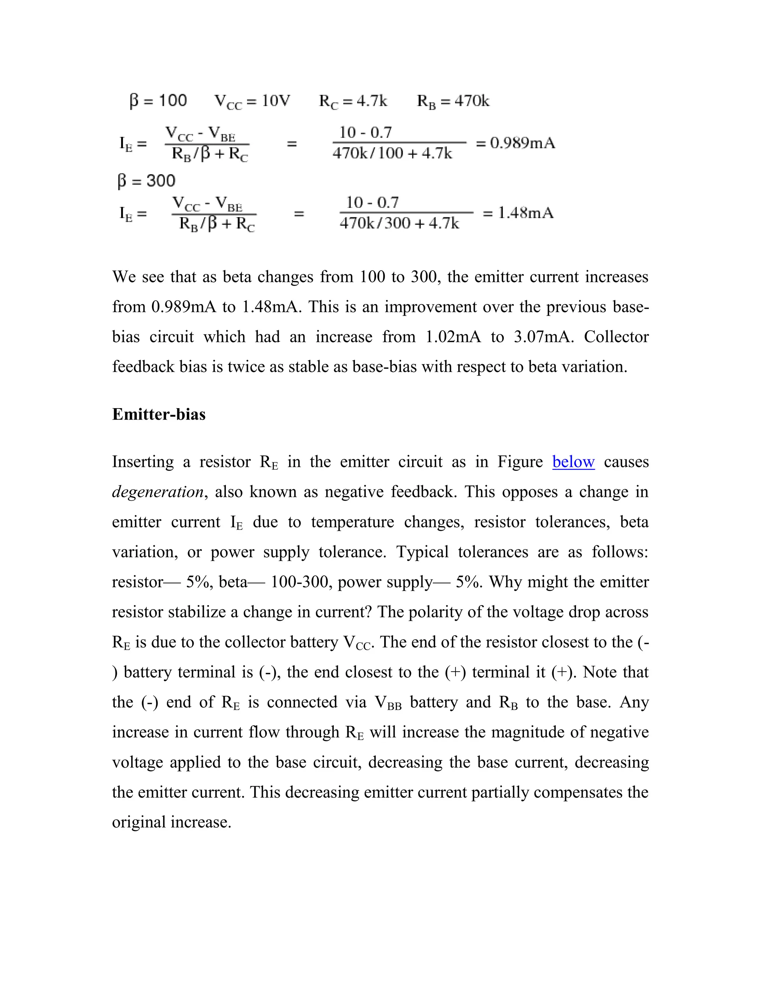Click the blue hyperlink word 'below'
click(x=573, y=462)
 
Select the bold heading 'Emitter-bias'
click(x=159, y=414)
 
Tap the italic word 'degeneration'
click(x=158, y=492)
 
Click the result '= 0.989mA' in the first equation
click(x=515, y=143)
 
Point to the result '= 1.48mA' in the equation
click(x=518, y=213)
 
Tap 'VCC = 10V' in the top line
click(x=252, y=101)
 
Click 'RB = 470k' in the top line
click(x=453, y=101)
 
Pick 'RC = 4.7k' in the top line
click(x=353, y=101)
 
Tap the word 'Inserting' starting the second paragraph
click(x=143, y=462)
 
